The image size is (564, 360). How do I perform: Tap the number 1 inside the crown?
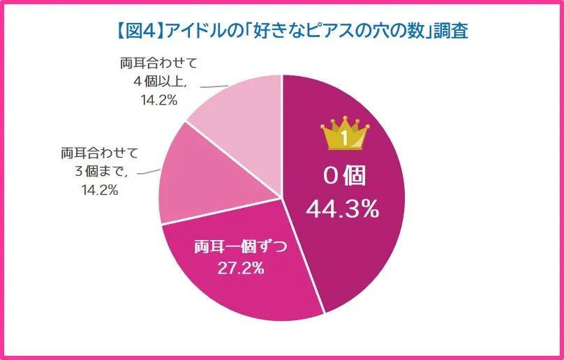[344, 138]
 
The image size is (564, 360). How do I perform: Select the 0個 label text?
[343, 176]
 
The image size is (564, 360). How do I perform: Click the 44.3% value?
[343, 208]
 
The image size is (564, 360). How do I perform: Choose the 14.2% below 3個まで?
[98, 189]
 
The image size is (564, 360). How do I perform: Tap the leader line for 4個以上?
[213, 86]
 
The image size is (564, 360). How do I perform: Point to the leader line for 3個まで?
[148, 171]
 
